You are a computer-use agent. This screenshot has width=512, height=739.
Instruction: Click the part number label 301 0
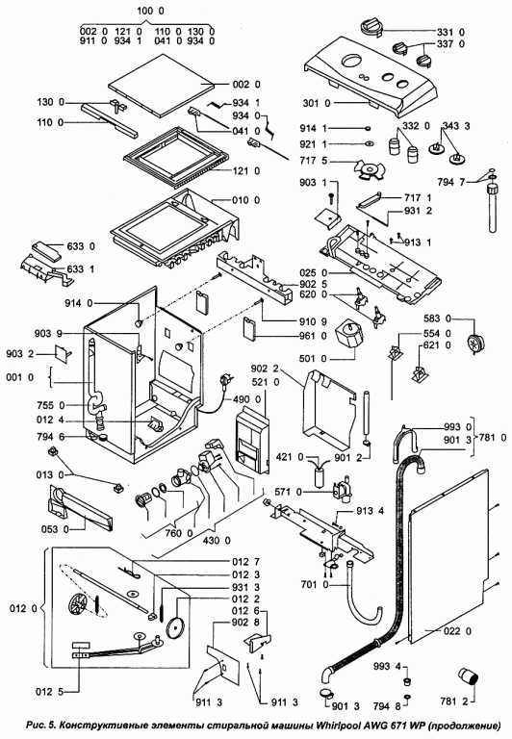click(317, 103)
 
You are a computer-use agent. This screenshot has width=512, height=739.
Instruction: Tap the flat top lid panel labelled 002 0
click(162, 86)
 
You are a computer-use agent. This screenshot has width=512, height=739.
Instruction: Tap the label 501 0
click(313, 359)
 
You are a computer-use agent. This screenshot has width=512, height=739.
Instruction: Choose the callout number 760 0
click(179, 533)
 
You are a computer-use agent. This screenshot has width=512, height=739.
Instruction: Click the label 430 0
click(217, 540)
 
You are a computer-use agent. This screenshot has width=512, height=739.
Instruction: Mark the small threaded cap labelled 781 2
click(468, 677)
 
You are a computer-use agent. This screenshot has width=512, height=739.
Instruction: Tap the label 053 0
click(55, 529)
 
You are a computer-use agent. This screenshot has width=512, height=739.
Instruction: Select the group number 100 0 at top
click(151, 11)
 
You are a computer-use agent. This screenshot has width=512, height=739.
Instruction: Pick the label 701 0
click(315, 585)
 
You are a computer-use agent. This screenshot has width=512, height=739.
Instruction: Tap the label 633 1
click(81, 269)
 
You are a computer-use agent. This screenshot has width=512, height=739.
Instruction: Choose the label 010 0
click(245, 200)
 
